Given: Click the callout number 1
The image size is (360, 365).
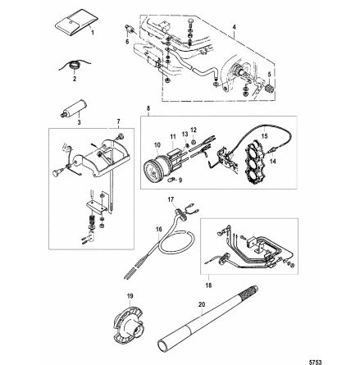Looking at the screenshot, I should tap(92, 35).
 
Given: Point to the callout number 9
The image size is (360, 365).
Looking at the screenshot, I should tap(180, 179).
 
